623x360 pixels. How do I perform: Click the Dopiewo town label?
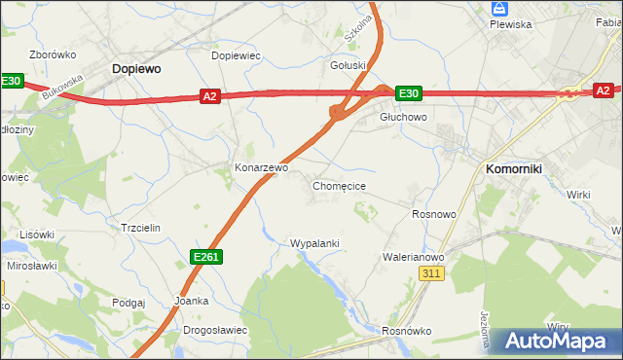136,69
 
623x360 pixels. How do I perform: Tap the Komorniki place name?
520,168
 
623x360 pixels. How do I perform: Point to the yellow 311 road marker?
433,275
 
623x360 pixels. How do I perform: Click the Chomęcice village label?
339,185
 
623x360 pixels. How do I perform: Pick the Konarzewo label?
261,167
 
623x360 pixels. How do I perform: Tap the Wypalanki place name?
313,242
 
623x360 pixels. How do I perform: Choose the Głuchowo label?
403,116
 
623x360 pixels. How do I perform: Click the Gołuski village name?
348,65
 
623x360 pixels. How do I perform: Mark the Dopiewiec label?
237,55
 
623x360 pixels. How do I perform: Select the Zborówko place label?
54,55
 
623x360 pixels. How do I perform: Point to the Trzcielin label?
139,227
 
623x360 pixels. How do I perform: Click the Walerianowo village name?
413,257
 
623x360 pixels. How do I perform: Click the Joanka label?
191,301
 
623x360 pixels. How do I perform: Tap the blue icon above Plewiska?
500,8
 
